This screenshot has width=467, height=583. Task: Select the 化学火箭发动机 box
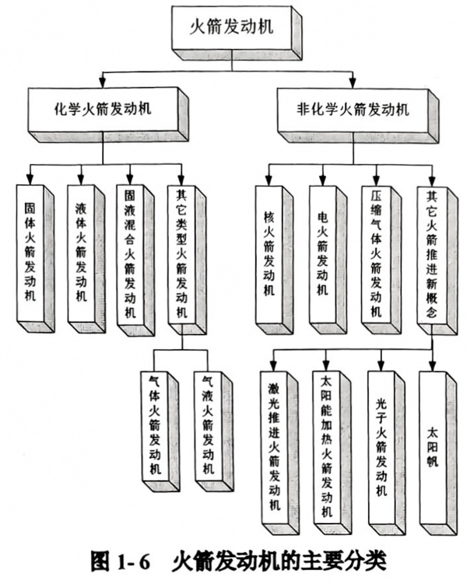(107, 110)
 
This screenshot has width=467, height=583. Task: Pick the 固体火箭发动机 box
(32, 253)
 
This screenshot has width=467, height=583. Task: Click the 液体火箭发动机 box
(81, 253)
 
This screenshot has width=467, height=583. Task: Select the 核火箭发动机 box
(270, 253)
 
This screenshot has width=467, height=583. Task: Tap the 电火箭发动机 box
(323, 253)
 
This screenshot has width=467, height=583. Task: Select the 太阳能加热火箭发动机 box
(325, 444)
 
